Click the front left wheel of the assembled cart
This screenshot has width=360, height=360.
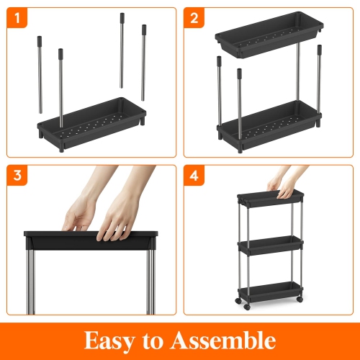(x=247, y=307)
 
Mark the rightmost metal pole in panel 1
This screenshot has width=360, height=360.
(x=145, y=65)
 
